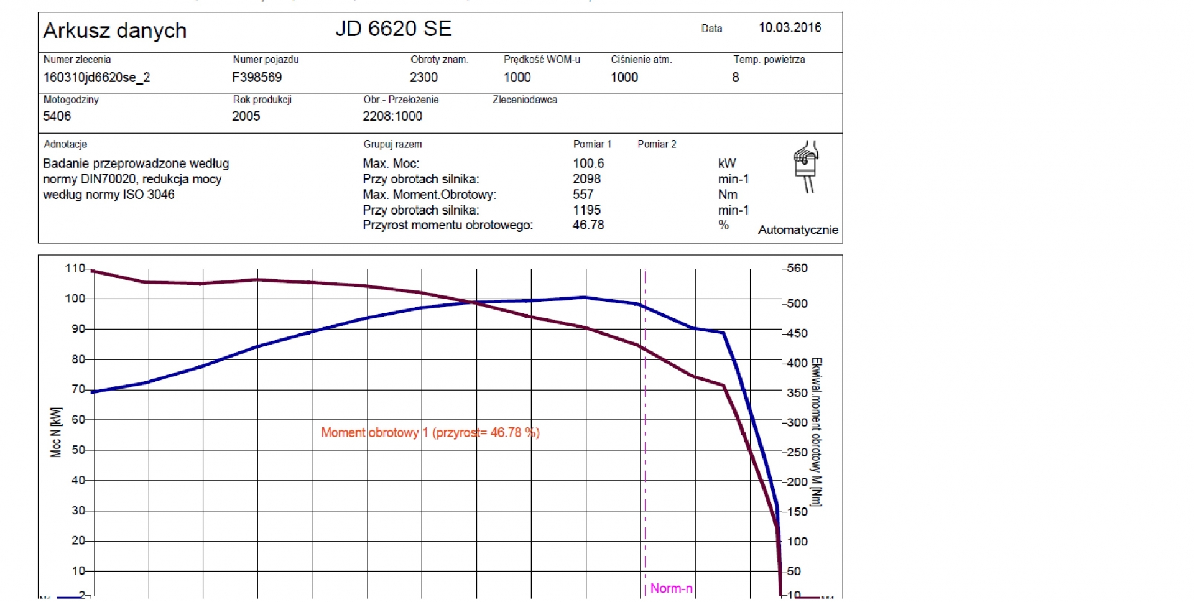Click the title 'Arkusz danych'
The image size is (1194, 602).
115,30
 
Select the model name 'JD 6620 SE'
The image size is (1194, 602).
393,29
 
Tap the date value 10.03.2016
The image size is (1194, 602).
790,27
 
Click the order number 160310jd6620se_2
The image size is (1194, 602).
96,77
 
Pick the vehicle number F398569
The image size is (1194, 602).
257,77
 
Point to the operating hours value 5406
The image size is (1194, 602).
57,116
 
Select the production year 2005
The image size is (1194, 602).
246,116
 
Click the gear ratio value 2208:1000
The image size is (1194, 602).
392,116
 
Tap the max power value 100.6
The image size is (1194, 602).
588,163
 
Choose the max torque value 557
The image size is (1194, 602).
583,195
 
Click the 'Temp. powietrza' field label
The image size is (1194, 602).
769,60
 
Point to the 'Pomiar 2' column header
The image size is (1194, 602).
657,144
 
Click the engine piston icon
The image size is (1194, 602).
805,166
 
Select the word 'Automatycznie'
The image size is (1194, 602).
798,230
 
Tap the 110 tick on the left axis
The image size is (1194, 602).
75,268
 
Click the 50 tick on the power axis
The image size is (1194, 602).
78,450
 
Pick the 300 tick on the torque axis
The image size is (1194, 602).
797,422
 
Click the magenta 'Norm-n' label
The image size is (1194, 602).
671,588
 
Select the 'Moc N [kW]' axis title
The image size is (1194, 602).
56,432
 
